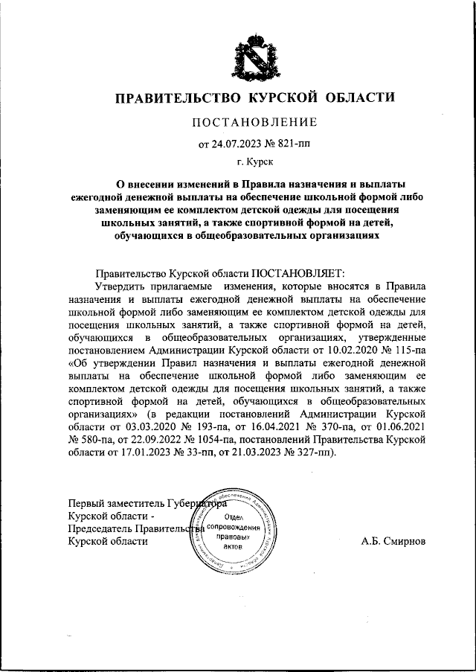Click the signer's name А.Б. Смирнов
coord(393,541)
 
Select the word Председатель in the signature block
coord(100,528)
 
